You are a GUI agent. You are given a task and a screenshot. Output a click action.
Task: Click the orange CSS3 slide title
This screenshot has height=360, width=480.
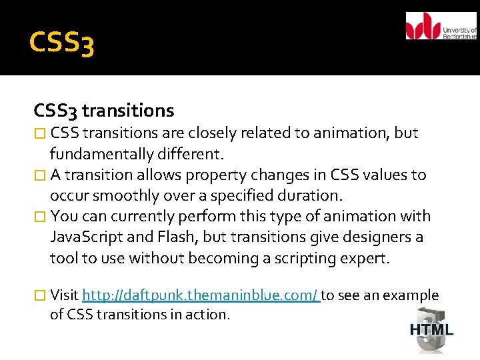pos(62,43)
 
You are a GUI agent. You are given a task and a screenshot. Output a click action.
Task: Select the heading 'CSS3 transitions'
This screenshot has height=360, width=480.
pos(104,110)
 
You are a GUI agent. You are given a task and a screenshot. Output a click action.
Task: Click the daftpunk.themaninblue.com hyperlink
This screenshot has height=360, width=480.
pos(201,295)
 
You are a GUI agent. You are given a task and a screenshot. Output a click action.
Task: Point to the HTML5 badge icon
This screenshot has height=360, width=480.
pos(431,329)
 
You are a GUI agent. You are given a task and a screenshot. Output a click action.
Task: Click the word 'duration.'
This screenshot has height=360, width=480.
pos(313,196)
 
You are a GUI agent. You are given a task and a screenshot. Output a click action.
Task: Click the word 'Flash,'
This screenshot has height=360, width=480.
pos(180,237)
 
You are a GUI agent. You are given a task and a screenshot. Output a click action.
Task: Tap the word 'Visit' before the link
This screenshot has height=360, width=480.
pos(65,295)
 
